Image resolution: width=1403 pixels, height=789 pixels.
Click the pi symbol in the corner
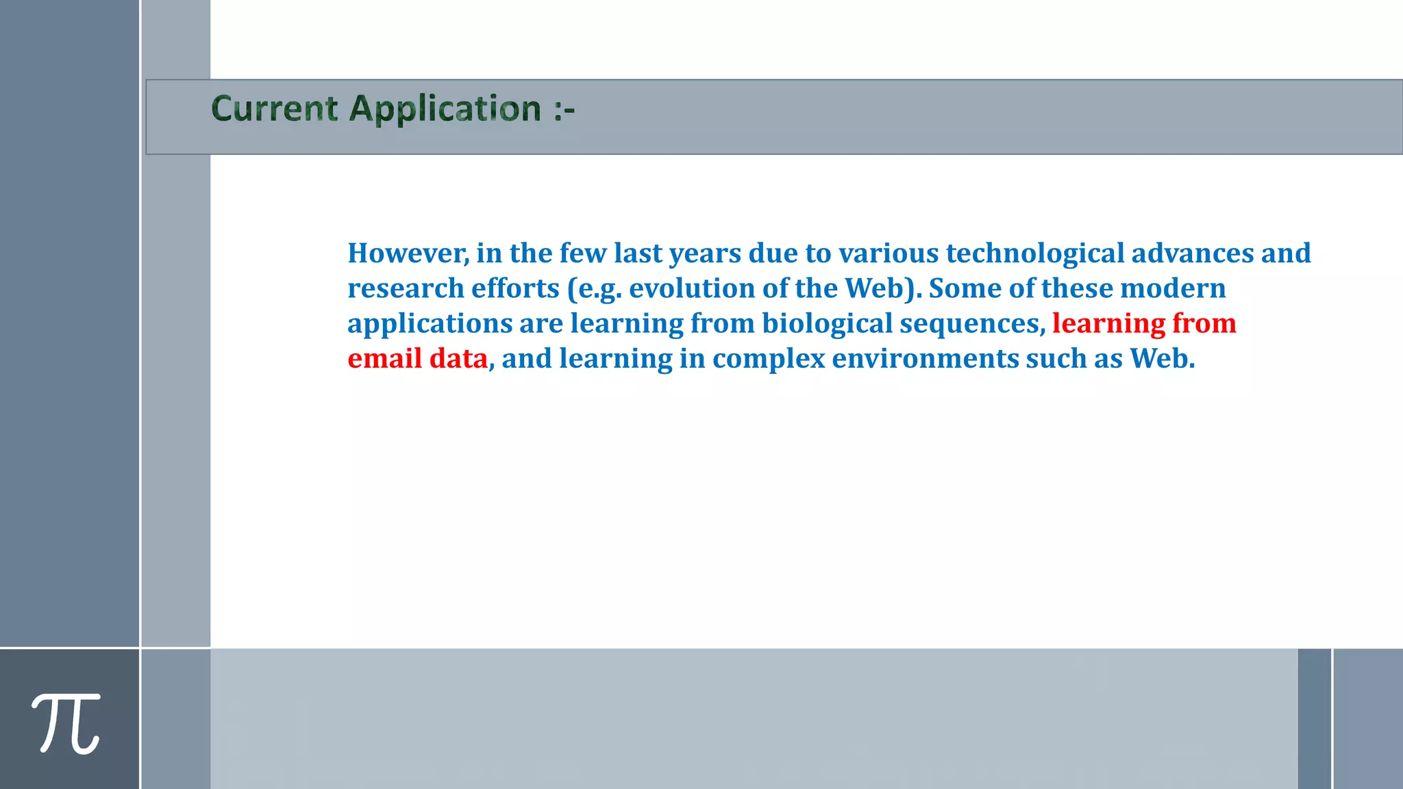tap(66, 723)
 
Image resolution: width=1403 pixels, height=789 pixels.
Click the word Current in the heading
tap(275, 109)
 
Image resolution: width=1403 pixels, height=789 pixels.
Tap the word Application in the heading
tap(445, 109)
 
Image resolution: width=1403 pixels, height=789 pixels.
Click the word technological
tap(1035, 253)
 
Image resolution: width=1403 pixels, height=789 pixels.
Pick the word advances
tap(1193, 253)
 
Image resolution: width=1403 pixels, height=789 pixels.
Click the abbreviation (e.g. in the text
tap(595, 288)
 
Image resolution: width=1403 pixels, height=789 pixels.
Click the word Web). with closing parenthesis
tap(883, 288)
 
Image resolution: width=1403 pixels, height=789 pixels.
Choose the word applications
tap(430, 324)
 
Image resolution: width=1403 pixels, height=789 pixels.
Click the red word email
tap(384, 359)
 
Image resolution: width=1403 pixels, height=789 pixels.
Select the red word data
tap(458, 359)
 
